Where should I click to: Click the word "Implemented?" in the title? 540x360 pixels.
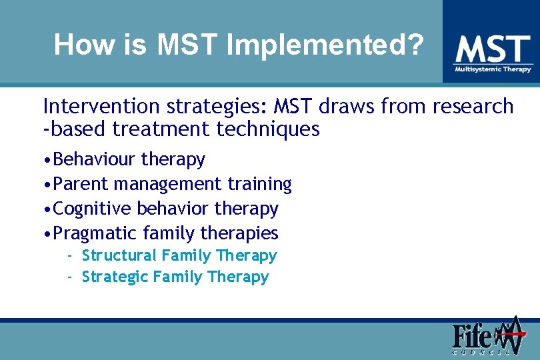(325, 45)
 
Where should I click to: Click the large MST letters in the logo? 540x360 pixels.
(492, 49)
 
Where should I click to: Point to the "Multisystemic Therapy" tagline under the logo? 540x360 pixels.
(493, 69)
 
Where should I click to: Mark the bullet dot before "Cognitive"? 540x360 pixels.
(47, 209)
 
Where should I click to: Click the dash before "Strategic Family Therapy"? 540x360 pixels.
(69, 277)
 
